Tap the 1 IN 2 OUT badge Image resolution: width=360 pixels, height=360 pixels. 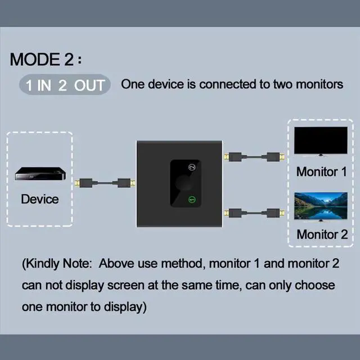(65, 84)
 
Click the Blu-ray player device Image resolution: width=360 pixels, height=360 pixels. (40, 174)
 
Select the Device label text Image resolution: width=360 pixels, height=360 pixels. (40, 199)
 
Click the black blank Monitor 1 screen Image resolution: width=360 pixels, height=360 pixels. (321, 140)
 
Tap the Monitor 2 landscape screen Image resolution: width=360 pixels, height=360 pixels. (321, 206)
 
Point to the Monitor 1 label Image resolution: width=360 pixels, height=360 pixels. (321, 172)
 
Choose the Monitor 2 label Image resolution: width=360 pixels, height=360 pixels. (322, 235)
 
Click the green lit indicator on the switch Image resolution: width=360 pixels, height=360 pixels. (192, 200)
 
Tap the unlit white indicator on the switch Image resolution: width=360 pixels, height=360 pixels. (192, 168)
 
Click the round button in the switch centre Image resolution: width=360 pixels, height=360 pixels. (184, 183)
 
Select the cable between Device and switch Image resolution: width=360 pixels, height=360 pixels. (105, 183)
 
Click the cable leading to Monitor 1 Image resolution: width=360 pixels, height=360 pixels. (254, 157)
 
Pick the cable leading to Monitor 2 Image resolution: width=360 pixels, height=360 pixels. (254, 213)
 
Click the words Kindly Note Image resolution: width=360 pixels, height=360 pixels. (57, 264)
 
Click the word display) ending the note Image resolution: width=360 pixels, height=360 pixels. (125, 307)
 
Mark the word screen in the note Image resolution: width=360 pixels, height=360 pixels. (126, 285)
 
